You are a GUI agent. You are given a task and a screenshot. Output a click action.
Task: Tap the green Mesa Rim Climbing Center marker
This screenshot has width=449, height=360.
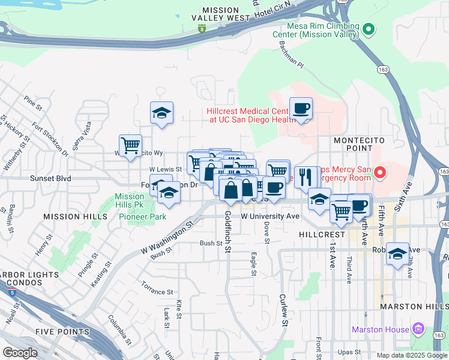point(370,29)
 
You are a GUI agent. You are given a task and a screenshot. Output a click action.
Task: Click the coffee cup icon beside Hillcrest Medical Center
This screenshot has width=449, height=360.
point(301,109)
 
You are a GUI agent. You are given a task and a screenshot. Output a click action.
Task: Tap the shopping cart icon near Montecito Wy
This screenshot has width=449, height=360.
point(130,145)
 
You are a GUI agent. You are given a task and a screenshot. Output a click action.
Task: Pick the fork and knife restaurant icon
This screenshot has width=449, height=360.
point(307,177)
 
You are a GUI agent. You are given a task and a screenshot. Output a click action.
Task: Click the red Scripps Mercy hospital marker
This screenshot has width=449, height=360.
point(379,173)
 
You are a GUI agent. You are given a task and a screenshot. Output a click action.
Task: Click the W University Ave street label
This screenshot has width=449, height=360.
point(270,216)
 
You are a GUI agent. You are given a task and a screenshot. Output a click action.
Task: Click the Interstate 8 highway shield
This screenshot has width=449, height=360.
point(202,28)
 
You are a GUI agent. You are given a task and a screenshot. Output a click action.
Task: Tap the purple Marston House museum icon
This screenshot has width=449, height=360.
point(419,329)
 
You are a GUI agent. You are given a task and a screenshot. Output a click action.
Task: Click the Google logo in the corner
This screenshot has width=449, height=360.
point(20,353)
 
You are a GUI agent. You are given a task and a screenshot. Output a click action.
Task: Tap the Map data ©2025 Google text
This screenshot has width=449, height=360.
point(411,355)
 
